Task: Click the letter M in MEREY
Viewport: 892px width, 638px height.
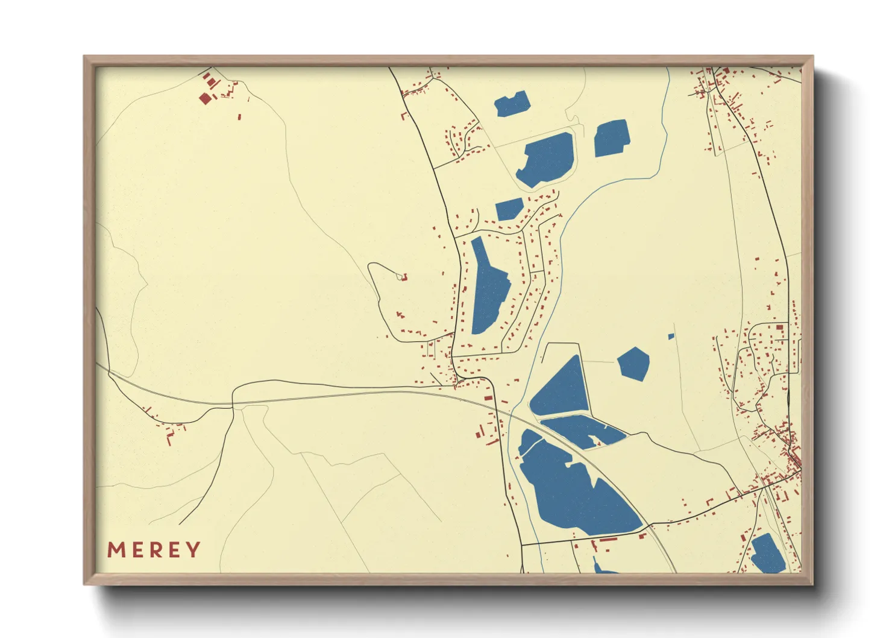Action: (x=116, y=550)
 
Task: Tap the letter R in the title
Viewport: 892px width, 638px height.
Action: (x=155, y=550)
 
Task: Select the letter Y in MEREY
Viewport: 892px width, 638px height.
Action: (x=193, y=550)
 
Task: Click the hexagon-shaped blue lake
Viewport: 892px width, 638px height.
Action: (x=633, y=364)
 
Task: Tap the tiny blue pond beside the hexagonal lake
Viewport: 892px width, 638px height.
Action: (x=671, y=336)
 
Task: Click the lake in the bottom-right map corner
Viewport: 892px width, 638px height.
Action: (x=767, y=554)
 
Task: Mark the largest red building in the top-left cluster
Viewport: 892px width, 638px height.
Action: (x=205, y=98)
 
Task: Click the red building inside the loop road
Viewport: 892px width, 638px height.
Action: (x=404, y=277)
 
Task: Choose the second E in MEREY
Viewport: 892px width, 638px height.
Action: (x=174, y=550)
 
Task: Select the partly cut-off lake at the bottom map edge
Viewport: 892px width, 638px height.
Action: (x=603, y=569)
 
